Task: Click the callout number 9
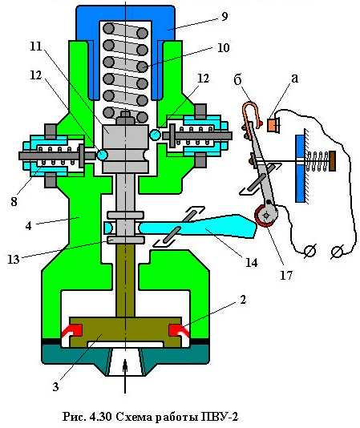tap(224, 17)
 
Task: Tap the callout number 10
tap(223, 48)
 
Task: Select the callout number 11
tap(36, 46)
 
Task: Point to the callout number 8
tap(14, 201)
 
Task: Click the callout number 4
tap(28, 225)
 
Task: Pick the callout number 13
tap(13, 259)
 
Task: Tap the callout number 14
tap(251, 263)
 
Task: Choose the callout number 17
tap(286, 275)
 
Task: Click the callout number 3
tap(55, 386)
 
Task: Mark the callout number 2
tap(243, 300)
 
